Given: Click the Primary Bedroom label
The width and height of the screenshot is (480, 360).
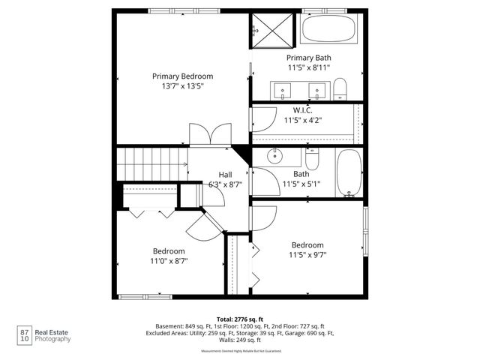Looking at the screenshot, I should pos(182,76).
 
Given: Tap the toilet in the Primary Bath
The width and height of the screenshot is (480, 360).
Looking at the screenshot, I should pos(340,88).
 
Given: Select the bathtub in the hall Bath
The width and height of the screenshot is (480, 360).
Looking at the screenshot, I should pos(348,172).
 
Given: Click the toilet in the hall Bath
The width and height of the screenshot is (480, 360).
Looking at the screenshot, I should pos(312,159).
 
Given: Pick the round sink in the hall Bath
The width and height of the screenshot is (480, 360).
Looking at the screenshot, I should pos(273,156).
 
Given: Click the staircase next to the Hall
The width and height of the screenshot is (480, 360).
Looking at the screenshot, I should pos(151,163).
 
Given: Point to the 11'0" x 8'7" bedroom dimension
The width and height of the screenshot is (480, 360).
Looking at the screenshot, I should pos(169,261).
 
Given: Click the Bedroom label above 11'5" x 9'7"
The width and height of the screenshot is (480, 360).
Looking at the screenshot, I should pos(307,245).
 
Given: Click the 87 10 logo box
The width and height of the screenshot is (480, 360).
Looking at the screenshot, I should pos(25,334).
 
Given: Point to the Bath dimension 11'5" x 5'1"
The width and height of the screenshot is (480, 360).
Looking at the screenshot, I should pos(301,183).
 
